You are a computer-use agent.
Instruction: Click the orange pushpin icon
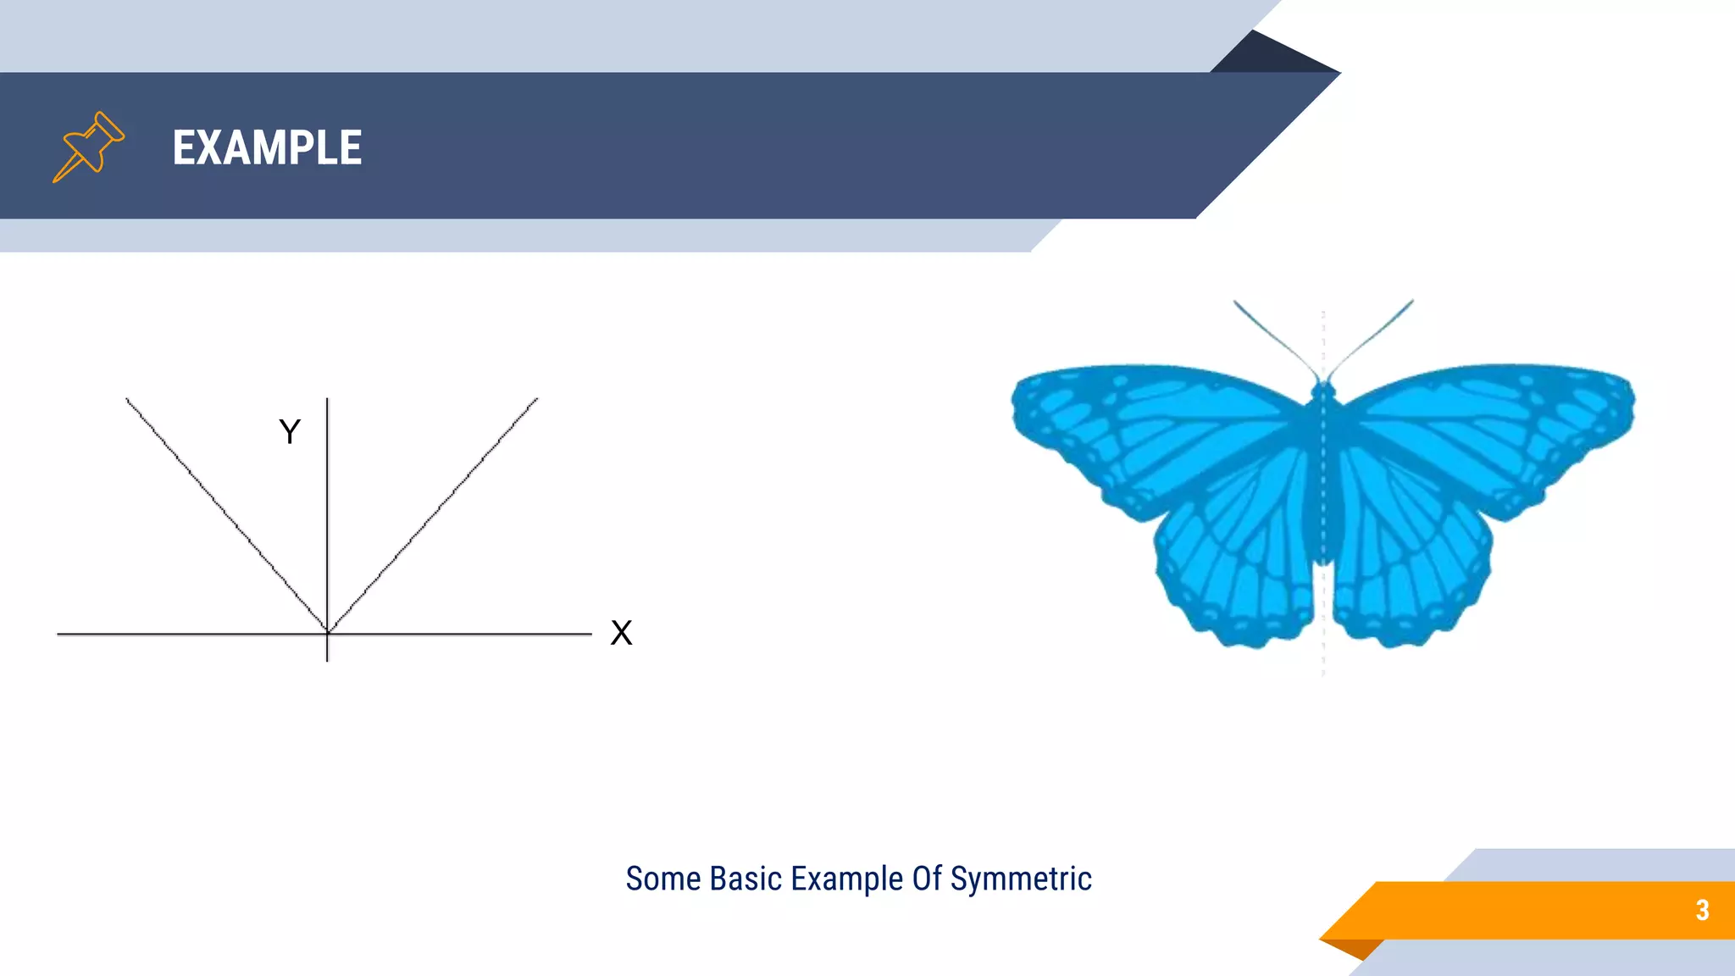pos(88,147)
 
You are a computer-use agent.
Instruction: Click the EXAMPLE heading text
pos(267,147)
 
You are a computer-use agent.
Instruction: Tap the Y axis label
pos(290,432)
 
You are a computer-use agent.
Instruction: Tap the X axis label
pos(621,633)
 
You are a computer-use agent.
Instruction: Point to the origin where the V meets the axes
pos(327,632)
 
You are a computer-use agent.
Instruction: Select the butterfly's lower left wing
pos(1237,559)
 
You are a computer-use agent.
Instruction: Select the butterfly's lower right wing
pos(1411,559)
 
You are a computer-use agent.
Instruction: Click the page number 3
pos(1702,910)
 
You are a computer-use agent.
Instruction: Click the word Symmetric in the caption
pos(1021,879)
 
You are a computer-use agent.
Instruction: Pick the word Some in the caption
pos(663,879)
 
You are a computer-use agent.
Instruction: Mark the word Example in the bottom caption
pos(846,879)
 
